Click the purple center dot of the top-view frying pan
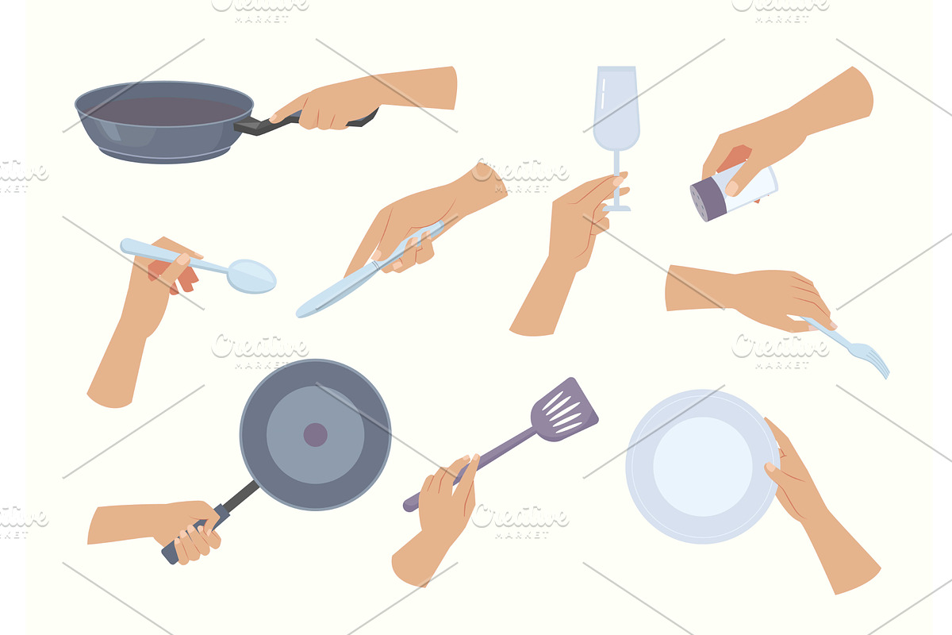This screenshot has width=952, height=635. tap(316, 435)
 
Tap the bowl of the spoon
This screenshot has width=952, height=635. tap(251, 276)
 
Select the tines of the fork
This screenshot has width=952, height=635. tap(871, 360)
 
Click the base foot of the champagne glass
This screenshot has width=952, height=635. tap(616, 208)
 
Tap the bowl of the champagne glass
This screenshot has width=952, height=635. tap(616, 109)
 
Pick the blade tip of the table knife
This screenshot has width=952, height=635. tap(299, 314)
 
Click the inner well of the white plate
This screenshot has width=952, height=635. tap(703, 467)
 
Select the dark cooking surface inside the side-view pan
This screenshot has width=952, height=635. tap(166, 111)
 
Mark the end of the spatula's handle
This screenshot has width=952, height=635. tap(408, 506)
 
